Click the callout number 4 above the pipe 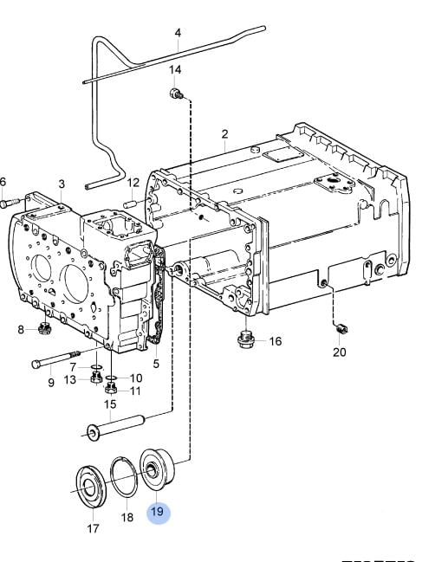tap(178, 33)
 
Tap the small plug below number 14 tap(176, 94)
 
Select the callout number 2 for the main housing tap(224, 134)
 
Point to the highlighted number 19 tap(158, 512)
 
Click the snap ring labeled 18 tap(112, 476)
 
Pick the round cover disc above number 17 tap(90, 487)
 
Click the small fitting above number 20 tap(341, 328)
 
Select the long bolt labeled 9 tap(56, 359)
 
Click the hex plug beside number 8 tap(44, 328)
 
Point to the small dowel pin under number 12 tap(131, 204)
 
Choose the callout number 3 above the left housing tap(62, 184)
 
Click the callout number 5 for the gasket tap(156, 364)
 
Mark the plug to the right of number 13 tap(95, 378)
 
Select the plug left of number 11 tap(111, 388)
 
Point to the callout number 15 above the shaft tap(110, 404)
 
